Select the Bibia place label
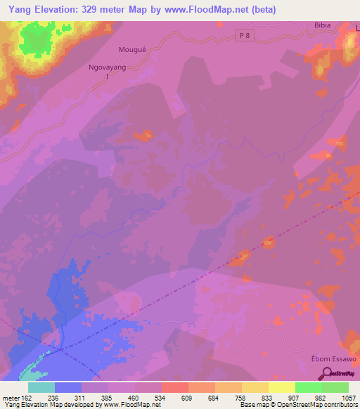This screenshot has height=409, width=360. (x=322, y=25)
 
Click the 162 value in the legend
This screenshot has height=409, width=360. (x=27, y=397)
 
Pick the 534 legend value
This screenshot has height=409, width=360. (x=161, y=397)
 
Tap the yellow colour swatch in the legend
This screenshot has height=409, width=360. (x=281, y=387)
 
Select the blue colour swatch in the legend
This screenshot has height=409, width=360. (x=67, y=387)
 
